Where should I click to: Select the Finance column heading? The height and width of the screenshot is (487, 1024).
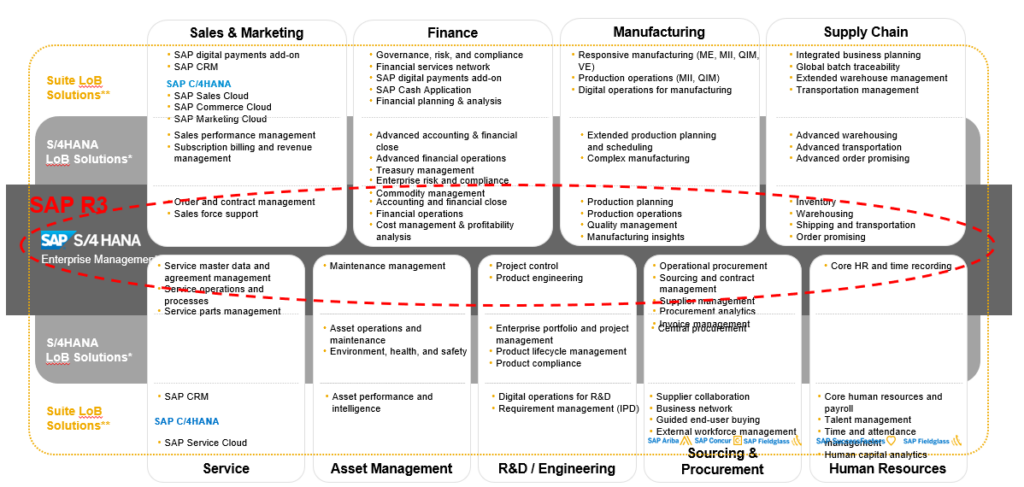[x=452, y=32]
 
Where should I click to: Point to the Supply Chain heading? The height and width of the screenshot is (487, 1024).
[x=865, y=32]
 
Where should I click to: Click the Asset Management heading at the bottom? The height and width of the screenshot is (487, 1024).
[x=391, y=468]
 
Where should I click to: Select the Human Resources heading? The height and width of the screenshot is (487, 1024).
[x=886, y=468]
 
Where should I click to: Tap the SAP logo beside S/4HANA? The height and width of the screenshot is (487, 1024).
[x=55, y=240]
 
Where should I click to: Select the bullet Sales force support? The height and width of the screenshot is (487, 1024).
[x=216, y=214]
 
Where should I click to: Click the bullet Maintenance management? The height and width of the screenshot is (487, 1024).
[x=387, y=266]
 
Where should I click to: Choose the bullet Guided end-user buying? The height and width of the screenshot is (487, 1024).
[x=707, y=420]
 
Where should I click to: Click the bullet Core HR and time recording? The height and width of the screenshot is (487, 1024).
[x=891, y=266]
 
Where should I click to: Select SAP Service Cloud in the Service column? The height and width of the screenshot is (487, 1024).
[x=205, y=442]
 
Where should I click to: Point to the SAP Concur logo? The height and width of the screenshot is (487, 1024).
[x=716, y=441]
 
